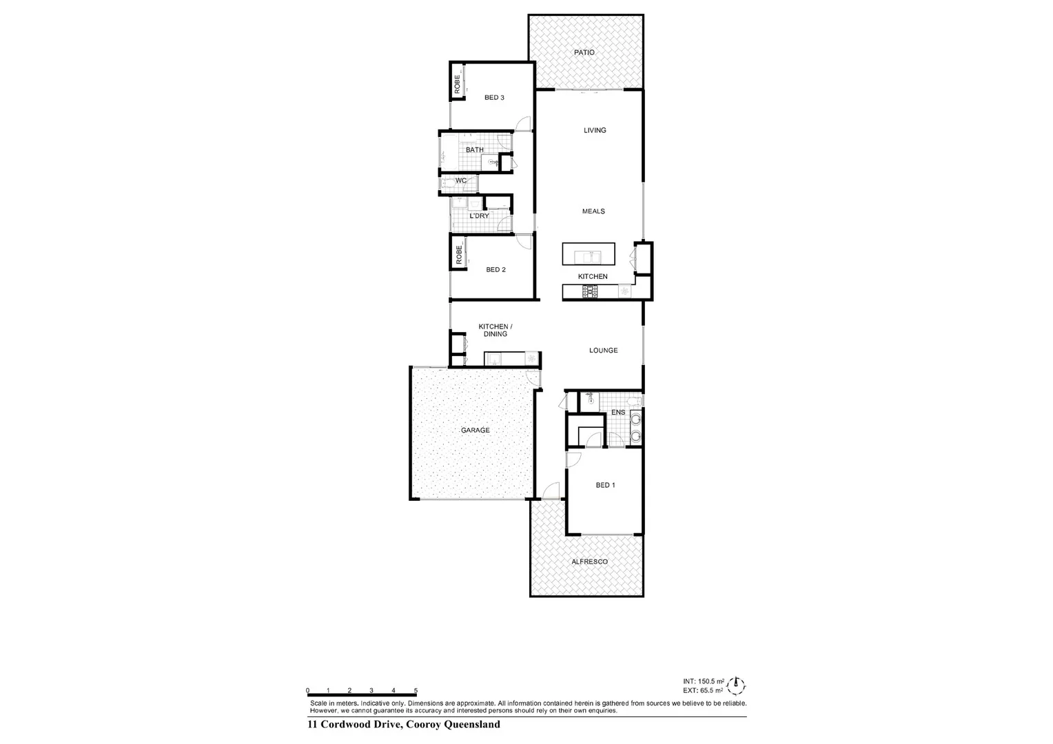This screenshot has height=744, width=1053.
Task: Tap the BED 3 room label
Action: [494, 98]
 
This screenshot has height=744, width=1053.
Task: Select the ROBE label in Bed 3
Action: [457, 84]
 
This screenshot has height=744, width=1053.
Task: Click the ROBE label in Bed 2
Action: [458, 256]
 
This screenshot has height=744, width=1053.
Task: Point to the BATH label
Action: [474, 150]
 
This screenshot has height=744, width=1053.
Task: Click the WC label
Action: [461, 181]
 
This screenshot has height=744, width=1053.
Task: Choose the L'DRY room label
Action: [479, 216]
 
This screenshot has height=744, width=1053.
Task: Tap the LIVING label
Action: [595, 130]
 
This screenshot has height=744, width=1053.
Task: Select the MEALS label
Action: [593, 211]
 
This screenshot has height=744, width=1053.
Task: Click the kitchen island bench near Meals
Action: [589, 254]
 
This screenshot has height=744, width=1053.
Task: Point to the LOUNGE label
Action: [603, 351]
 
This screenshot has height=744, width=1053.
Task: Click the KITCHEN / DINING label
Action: [495, 330]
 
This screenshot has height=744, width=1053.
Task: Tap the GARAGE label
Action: [475, 431]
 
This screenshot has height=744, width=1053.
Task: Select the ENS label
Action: [618, 413]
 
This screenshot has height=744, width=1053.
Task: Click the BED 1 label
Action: [605, 485]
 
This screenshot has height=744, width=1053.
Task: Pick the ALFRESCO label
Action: [589, 562]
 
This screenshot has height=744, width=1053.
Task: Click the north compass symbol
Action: [737, 685]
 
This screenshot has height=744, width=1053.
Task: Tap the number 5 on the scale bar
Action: [416, 690]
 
